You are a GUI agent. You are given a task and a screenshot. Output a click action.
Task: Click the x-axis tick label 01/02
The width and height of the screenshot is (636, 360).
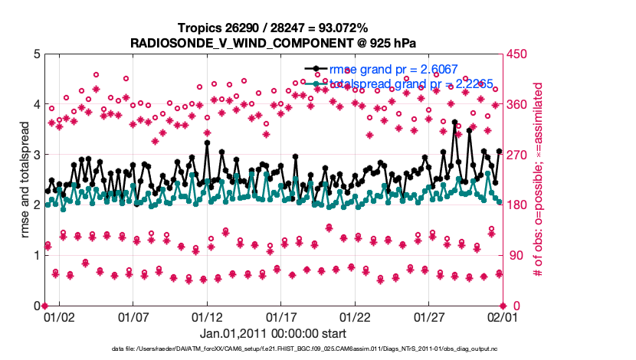[59, 316]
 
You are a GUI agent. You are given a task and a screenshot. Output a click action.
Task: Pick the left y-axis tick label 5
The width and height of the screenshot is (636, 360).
[35, 54]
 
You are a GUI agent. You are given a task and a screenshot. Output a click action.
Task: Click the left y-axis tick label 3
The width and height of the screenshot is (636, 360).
[35, 155]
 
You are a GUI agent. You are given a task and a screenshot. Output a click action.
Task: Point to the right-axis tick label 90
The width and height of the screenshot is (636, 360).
[514, 255]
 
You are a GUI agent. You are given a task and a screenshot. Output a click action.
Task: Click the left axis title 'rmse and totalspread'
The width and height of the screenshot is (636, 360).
[25, 180]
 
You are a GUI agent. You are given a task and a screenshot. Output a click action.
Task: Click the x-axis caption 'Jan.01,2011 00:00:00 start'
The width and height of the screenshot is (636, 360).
[273, 333]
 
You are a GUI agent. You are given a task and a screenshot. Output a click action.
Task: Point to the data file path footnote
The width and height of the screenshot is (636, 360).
[316, 349]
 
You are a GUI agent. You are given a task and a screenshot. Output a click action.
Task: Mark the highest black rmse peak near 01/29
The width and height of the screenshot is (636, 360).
[454, 122]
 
